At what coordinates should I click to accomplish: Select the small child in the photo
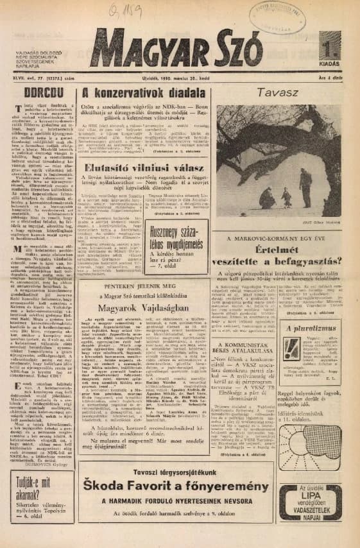(x=286, y=194)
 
